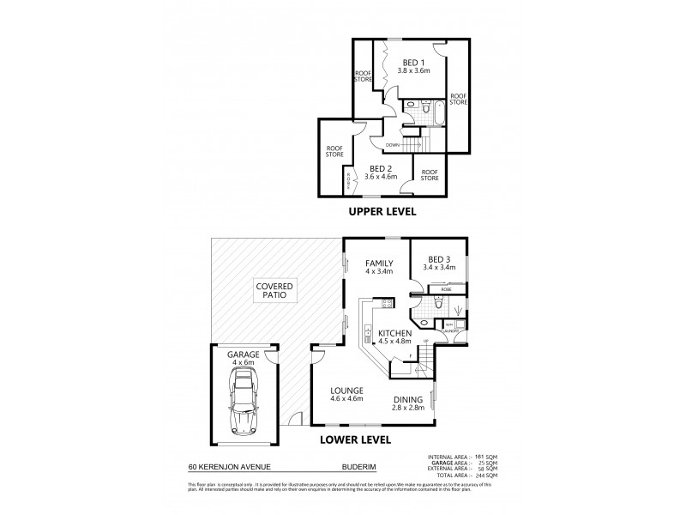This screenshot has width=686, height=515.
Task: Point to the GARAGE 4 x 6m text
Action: coord(244,358)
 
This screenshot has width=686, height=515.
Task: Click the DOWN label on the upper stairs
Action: coord(393,144)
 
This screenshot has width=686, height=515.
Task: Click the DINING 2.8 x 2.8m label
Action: coord(407,403)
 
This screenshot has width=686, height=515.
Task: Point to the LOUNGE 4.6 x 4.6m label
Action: coord(347,394)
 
